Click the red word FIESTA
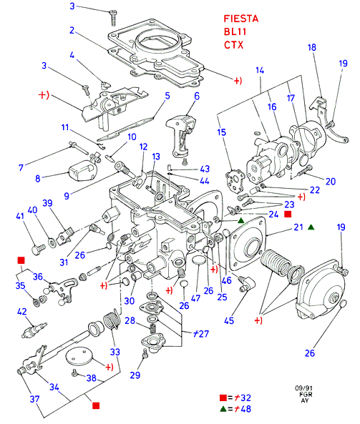tap(241, 19)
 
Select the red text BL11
tap(235, 31)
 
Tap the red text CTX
tap(233, 44)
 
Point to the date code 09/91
tap(303, 388)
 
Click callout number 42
tap(22, 311)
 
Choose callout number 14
tap(260, 70)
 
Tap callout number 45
tap(229, 321)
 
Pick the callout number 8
tap(38, 179)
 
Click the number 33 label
tap(115, 352)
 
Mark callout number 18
tap(312, 47)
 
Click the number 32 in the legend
tap(245, 398)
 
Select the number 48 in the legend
tap(245, 408)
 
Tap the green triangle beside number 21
tap(311, 227)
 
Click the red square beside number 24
tap(288, 215)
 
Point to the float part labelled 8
tap(82, 170)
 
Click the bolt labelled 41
tap(38, 249)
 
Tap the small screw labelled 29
tap(145, 353)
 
